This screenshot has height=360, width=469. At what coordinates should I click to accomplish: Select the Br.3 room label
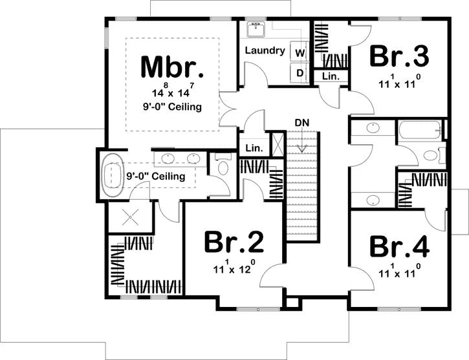399,56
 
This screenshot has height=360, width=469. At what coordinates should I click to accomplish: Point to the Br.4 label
399,247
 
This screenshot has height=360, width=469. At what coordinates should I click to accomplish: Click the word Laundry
265,50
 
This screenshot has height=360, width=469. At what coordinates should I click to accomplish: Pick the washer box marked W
300,52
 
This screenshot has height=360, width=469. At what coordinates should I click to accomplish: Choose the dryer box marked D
300,72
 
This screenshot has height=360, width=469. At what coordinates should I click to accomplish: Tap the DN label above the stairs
301,122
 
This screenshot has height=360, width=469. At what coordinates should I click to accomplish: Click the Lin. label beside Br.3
331,76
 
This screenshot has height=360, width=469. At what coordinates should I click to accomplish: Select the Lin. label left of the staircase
253,148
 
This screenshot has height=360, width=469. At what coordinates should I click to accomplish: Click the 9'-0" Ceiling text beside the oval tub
155,176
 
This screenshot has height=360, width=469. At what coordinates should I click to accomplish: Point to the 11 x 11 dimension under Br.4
399,271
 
